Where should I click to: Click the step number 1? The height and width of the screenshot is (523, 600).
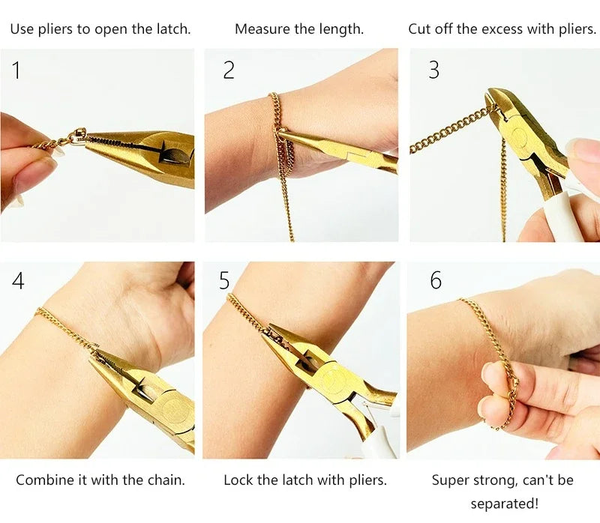tap(16, 70)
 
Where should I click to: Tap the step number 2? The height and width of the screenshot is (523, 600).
tap(229, 70)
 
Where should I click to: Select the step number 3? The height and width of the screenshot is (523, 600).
tap(433, 70)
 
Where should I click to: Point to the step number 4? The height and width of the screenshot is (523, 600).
tap(18, 281)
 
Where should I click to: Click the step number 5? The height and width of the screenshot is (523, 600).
tap(224, 281)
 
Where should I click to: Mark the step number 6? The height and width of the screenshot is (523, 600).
tap(436, 281)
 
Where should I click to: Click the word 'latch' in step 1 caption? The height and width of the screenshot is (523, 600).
tap(170, 29)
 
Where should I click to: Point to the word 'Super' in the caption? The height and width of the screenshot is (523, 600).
tap(449, 480)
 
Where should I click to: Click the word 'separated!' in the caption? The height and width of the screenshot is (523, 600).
tap(504, 504)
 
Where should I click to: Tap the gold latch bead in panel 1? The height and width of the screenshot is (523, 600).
tap(78, 138)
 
